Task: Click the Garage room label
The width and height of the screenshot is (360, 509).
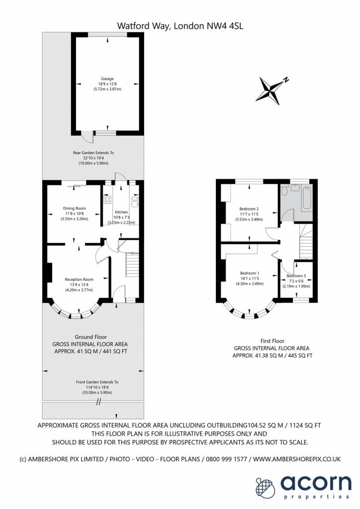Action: pos(107,79)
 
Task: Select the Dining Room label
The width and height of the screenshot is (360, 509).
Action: pos(74,208)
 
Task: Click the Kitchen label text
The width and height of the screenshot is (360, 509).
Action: pos(122,212)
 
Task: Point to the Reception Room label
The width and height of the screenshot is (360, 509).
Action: pos(79,279)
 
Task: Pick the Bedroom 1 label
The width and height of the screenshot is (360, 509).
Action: pos(249,273)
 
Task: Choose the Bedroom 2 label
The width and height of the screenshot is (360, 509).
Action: pos(249,209)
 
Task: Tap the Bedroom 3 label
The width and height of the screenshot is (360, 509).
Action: pos(296,276)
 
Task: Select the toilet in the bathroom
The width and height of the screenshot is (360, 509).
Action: pos(285,189)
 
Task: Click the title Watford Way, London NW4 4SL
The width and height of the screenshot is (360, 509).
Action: pos(180,25)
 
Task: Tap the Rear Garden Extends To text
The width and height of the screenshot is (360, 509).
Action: pos(93,153)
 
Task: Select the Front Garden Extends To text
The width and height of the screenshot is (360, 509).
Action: pos(97,382)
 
